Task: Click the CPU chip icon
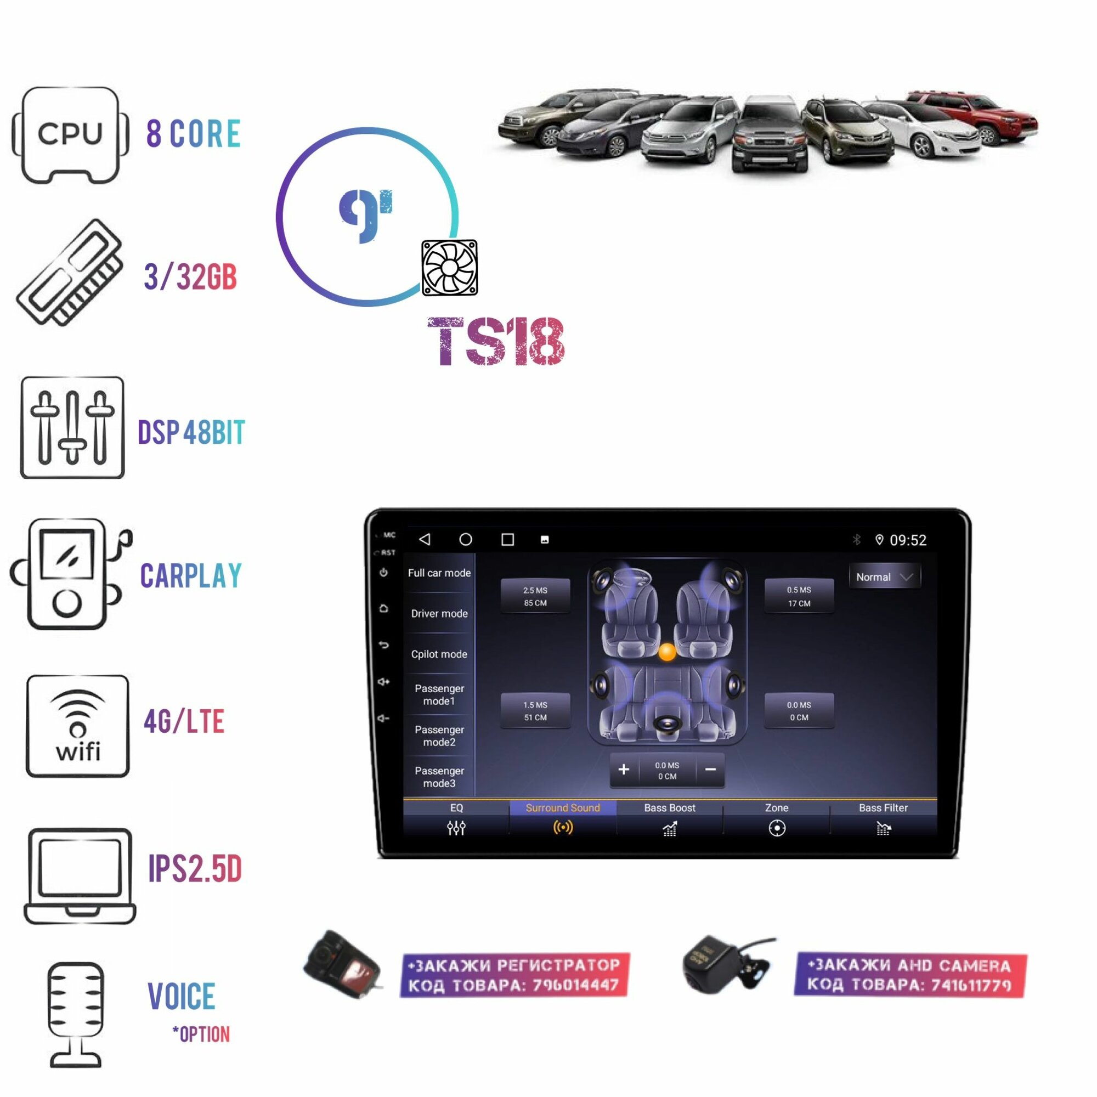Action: coord(70,134)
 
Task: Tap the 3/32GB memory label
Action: coord(190,277)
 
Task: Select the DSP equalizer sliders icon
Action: coord(72,427)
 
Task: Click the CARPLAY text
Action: coord(191,576)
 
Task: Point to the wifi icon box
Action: coord(78,726)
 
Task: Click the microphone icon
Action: coord(76,1014)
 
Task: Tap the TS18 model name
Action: coord(496,342)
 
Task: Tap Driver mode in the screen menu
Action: coord(439,613)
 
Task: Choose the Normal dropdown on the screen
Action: coord(884,577)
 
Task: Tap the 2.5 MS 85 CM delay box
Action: coord(535,596)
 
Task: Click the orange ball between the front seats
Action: coord(666,652)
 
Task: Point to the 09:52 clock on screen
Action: coord(907,540)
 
